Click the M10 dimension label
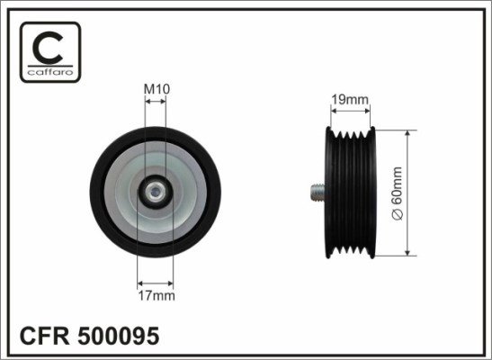click(x=157, y=89)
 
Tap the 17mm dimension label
click(x=157, y=296)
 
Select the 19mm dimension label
click(x=350, y=100)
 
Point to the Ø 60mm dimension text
click(x=397, y=193)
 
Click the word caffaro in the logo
click(x=50, y=73)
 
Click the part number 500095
click(x=119, y=336)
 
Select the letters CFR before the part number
click(x=45, y=336)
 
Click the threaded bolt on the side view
click(x=318, y=192)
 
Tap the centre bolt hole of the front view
click(x=155, y=192)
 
